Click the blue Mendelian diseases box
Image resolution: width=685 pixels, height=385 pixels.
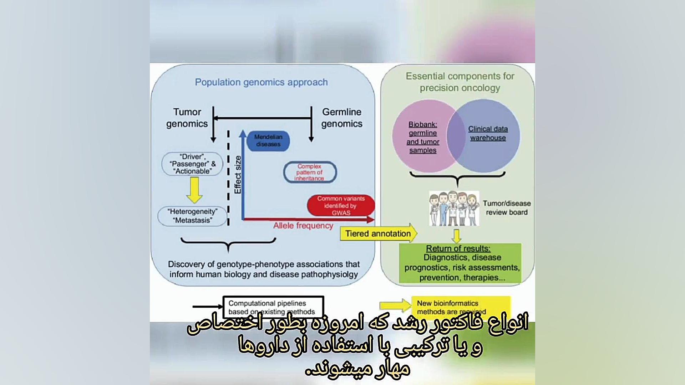[268, 140]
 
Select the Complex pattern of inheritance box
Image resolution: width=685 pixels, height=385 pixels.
[310, 172]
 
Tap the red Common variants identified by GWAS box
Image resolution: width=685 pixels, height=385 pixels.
[341, 205]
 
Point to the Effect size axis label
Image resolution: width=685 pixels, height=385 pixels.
[238, 175]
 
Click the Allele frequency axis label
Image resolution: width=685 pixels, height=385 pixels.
[303, 226]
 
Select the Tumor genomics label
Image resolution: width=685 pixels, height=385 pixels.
[187, 118]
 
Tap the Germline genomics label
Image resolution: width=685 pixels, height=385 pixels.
[341, 118]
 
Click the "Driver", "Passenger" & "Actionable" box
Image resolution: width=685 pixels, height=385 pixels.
[192, 164]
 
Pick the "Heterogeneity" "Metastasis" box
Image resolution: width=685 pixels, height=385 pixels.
[192, 216]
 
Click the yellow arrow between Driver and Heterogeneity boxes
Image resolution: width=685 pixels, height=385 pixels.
[194, 190]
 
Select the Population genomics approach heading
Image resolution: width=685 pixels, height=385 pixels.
[261, 82]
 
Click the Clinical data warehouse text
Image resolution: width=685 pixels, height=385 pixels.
[488, 133]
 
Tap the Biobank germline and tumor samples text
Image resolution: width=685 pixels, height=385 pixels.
[423, 137]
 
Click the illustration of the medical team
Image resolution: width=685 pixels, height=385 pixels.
[454, 209]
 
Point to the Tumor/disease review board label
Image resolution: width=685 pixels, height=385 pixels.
[507, 208]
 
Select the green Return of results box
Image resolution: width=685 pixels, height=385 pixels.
[460, 263]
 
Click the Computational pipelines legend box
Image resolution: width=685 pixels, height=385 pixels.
[273, 307]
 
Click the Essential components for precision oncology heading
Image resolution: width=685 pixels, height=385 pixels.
[460, 82]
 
